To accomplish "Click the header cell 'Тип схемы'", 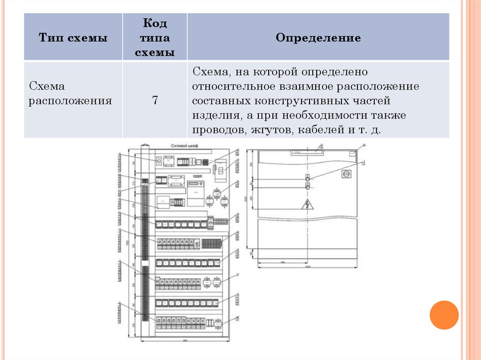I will click(73, 38).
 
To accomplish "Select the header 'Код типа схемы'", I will click(155, 38).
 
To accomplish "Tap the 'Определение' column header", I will click(318, 38).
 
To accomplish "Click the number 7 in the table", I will click(155, 100).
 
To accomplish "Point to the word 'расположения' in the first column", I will click(70, 101).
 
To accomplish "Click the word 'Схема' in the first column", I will click(47, 86).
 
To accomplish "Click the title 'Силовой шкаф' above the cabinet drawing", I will click(185, 146).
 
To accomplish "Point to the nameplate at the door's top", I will click(306, 152).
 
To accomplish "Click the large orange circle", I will click(444, 314).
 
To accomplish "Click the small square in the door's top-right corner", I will click(354, 153).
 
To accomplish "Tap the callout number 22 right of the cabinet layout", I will click(238, 275).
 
